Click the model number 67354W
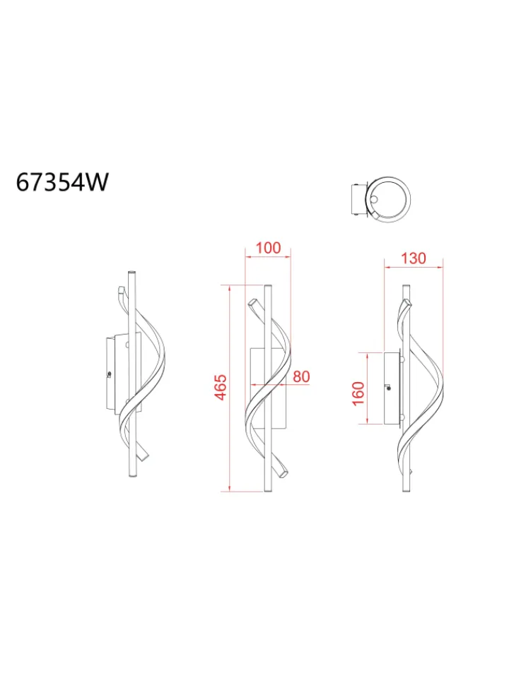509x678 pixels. click(x=62, y=182)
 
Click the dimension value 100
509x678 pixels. click(x=268, y=248)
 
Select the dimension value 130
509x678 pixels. click(x=414, y=258)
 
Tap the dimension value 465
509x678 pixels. click(x=221, y=388)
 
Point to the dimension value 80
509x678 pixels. click(x=301, y=376)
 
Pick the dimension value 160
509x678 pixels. click(x=358, y=393)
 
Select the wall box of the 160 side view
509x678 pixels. click(x=392, y=388)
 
